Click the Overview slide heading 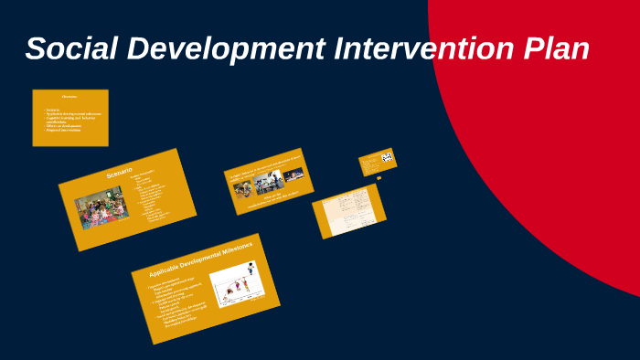69,96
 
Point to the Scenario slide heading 120,173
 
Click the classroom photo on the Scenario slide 101,207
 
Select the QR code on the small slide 387,157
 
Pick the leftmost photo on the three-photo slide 243,188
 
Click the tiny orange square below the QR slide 379,178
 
